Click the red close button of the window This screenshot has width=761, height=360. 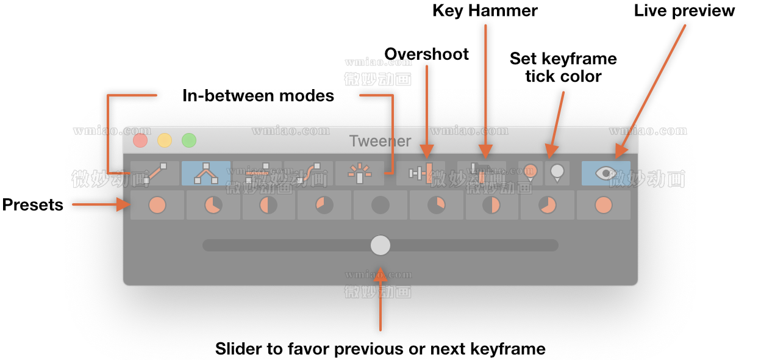pyautogui.click(x=140, y=141)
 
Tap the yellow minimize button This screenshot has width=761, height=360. pyautogui.click(x=165, y=141)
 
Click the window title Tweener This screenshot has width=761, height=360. pyautogui.click(x=380, y=141)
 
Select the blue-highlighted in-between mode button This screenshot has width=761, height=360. pyautogui.click(x=206, y=173)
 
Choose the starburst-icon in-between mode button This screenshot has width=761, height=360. pyautogui.click(x=359, y=173)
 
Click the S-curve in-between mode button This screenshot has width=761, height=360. pyautogui.click(x=309, y=173)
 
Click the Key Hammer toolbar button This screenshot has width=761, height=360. pyautogui.click(x=481, y=173)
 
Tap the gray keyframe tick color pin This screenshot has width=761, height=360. pyautogui.click(x=557, y=173)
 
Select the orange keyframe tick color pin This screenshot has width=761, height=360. pyautogui.click(x=530, y=173)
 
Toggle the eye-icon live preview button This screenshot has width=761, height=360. pyautogui.click(x=606, y=173)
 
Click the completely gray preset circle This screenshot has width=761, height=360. pyautogui.click(x=381, y=205)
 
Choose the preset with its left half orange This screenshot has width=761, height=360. pyautogui.click(x=269, y=205)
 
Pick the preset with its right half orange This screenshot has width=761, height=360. pyautogui.click(x=491, y=205)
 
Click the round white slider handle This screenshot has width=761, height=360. pyautogui.click(x=381, y=245)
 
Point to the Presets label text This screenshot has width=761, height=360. pyautogui.click(x=33, y=205)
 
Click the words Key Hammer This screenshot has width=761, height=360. pyautogui.click(x=485, y=10)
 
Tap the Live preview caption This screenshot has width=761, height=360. pyautogui.click(x=684, y=10)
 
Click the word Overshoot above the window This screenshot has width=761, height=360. pyautogui.click(x=426, y=54)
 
